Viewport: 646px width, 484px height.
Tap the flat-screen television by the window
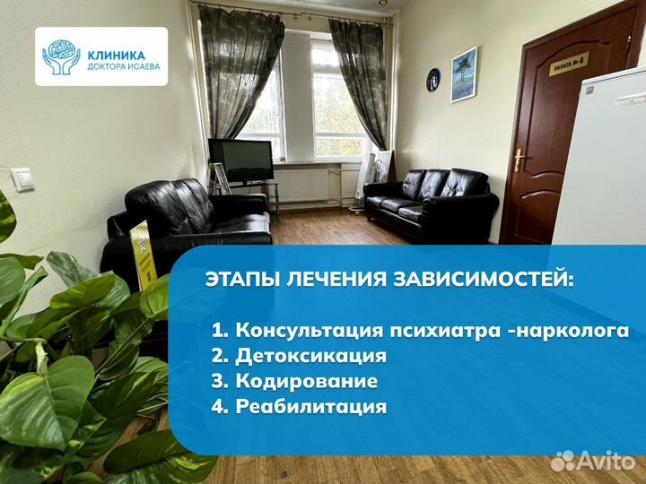tap(240, 160)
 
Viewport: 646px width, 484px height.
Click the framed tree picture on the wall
tap(464, 74)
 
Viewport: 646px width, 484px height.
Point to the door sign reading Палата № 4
tap(569, 64)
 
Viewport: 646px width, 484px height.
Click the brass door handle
tap(519, 160)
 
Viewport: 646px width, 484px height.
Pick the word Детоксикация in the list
tap(310, 356)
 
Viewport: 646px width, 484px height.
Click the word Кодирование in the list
tap(306, 381)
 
